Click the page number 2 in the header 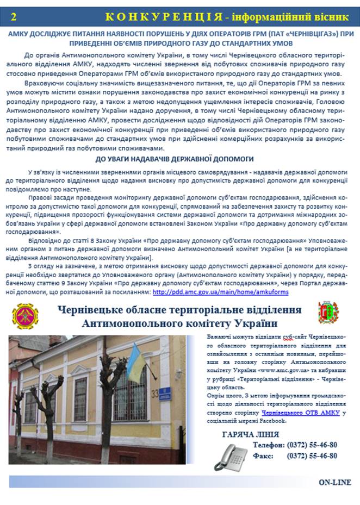[x=14, y=16]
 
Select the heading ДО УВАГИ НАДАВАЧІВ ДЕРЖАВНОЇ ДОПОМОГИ [x=175, y=159]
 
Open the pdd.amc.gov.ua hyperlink [x=220, y=292]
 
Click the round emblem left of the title [x=26, y=316]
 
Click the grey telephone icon [x=232, y=454]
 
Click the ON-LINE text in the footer [x=334, y=482]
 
